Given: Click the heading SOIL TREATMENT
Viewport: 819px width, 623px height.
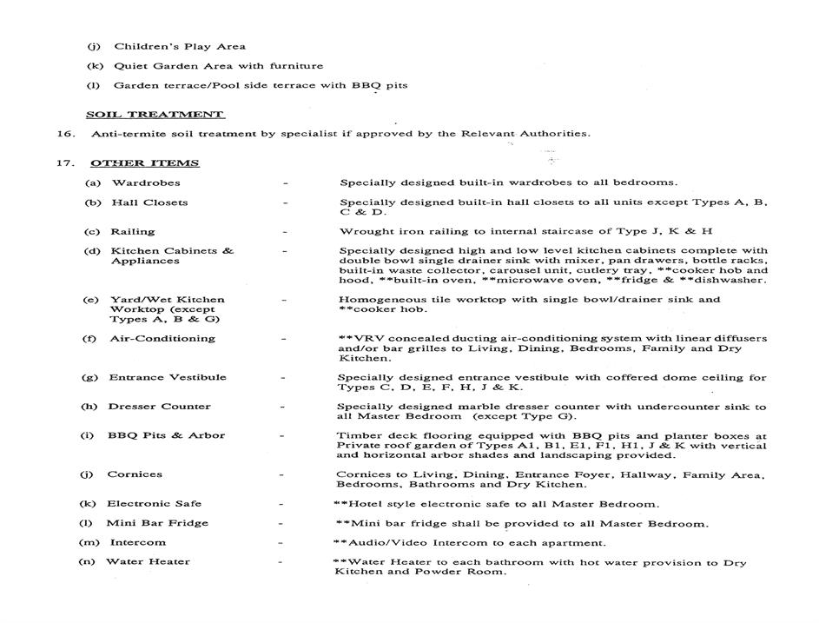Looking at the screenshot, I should click(x=155, y=114).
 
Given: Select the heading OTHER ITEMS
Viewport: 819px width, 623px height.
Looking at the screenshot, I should click(x=144, y=162).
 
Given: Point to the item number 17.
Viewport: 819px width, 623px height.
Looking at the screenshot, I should click(x=62, y=162).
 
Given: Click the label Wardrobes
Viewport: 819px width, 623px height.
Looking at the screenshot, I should click(x=146, y=182).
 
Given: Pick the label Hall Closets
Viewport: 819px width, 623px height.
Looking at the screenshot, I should click(x=149, y=202).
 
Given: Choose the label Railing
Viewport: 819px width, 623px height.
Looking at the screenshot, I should click(x=133, y=231).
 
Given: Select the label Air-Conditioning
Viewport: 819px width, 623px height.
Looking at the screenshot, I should click(x=162, y=338).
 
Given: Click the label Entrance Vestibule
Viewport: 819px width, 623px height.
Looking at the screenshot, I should click(x=168, y=377).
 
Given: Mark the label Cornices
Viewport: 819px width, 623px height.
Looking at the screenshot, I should click(x=134, y=474).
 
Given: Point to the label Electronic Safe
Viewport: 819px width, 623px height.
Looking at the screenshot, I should click(x=154, y=503).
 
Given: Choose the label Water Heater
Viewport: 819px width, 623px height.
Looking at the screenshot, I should click(x=148, y=561).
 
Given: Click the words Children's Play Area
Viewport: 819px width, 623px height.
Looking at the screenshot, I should click(x=180, y=46).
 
